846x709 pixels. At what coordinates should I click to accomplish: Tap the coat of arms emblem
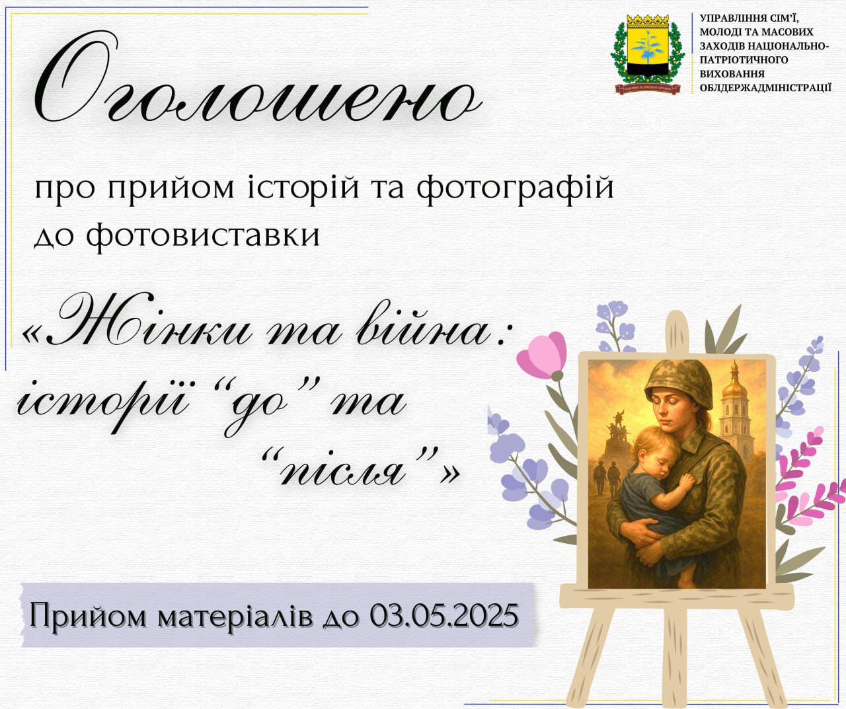coord(648,54)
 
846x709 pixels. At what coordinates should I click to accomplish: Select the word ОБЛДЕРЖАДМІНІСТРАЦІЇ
coord(766,87)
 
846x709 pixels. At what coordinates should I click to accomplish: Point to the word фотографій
coord(516,189)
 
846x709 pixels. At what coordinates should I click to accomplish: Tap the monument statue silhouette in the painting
coord(617,434)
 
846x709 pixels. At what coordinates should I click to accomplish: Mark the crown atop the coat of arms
coord(648,20)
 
